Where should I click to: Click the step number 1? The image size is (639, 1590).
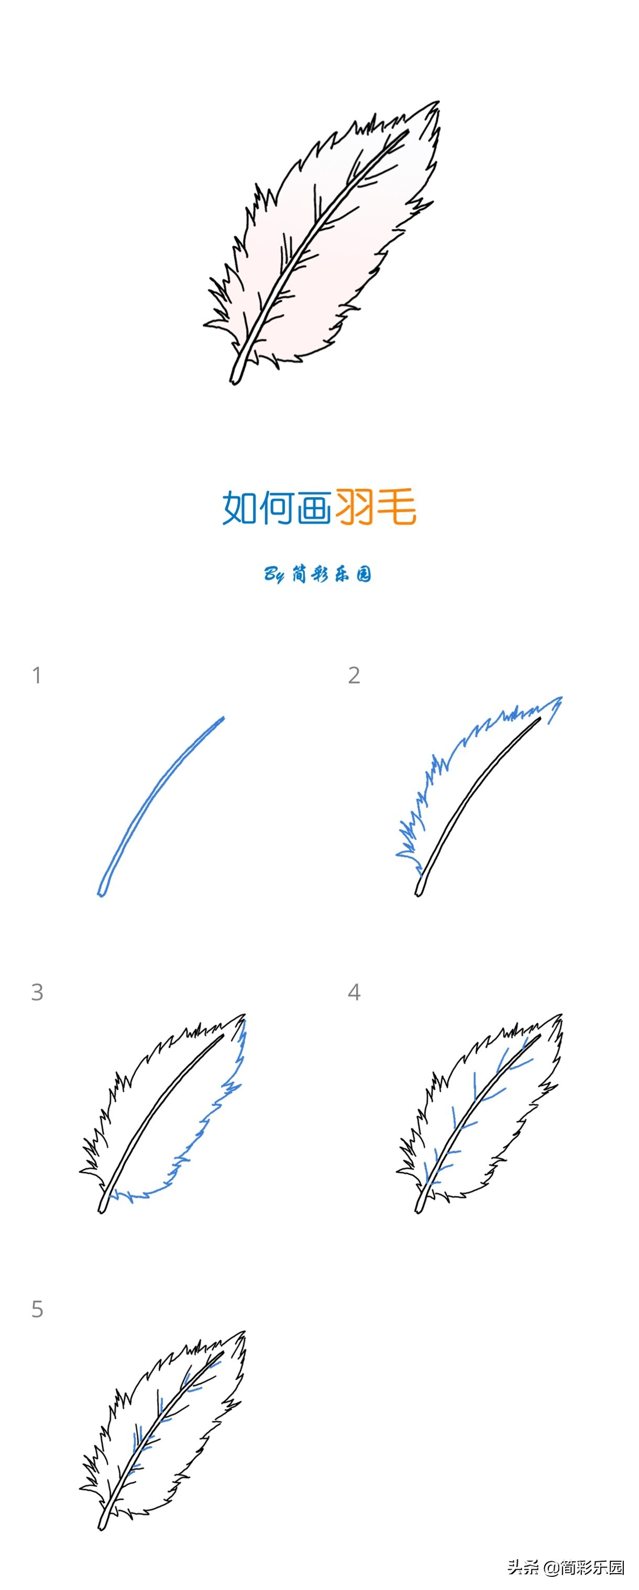[x=37, y=675]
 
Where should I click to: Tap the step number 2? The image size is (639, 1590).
[x=354, y=675]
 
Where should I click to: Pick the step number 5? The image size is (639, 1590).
[x=37, y=1309]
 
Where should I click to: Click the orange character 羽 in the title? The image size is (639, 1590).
[x=355, y=507]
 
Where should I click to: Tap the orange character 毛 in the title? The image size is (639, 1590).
[x=396, y=507]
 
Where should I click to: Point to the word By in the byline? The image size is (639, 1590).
[x=274, y=575]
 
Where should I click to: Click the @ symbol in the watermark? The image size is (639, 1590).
[x=550, y=1566]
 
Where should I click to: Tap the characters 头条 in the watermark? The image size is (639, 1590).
[x=524, y=1566]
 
